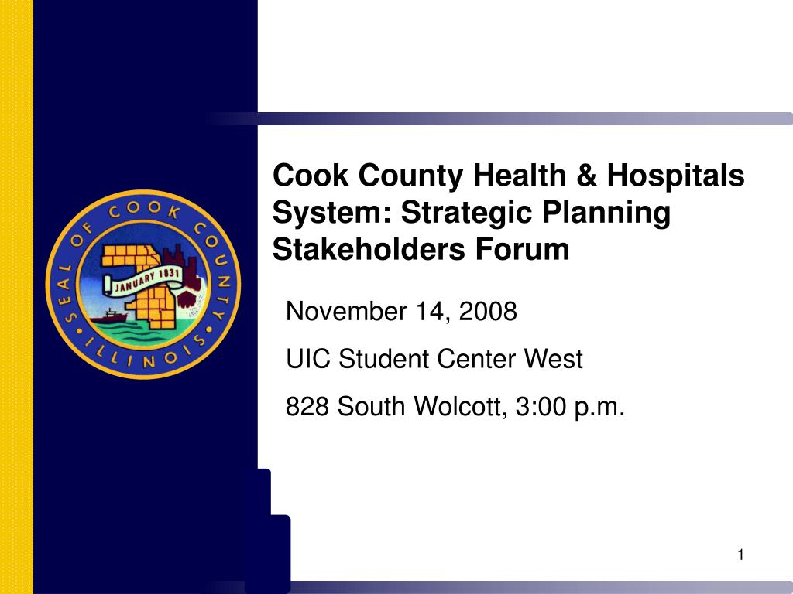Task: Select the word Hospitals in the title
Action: tap(675, 176)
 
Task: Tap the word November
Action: tap(345, 312)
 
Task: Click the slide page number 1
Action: tap(741, 555)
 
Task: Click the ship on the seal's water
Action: tap(110, 315)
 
